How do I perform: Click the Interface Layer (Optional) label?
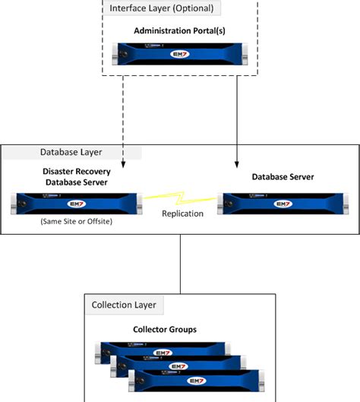162,9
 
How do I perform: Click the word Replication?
182,214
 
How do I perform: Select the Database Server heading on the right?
283,177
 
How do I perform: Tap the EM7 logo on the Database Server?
283,203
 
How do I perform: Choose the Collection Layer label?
124,305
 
